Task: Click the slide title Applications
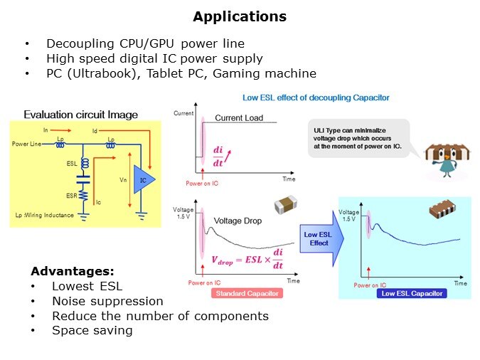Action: click(240, 16)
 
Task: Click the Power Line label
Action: click(27, 144)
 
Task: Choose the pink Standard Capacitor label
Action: click(246, 293)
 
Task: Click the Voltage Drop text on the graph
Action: click(238, 221)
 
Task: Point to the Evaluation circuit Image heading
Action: click(80, 115)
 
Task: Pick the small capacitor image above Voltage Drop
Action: click(285, 203)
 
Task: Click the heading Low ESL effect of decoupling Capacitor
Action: click(316, 97)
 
